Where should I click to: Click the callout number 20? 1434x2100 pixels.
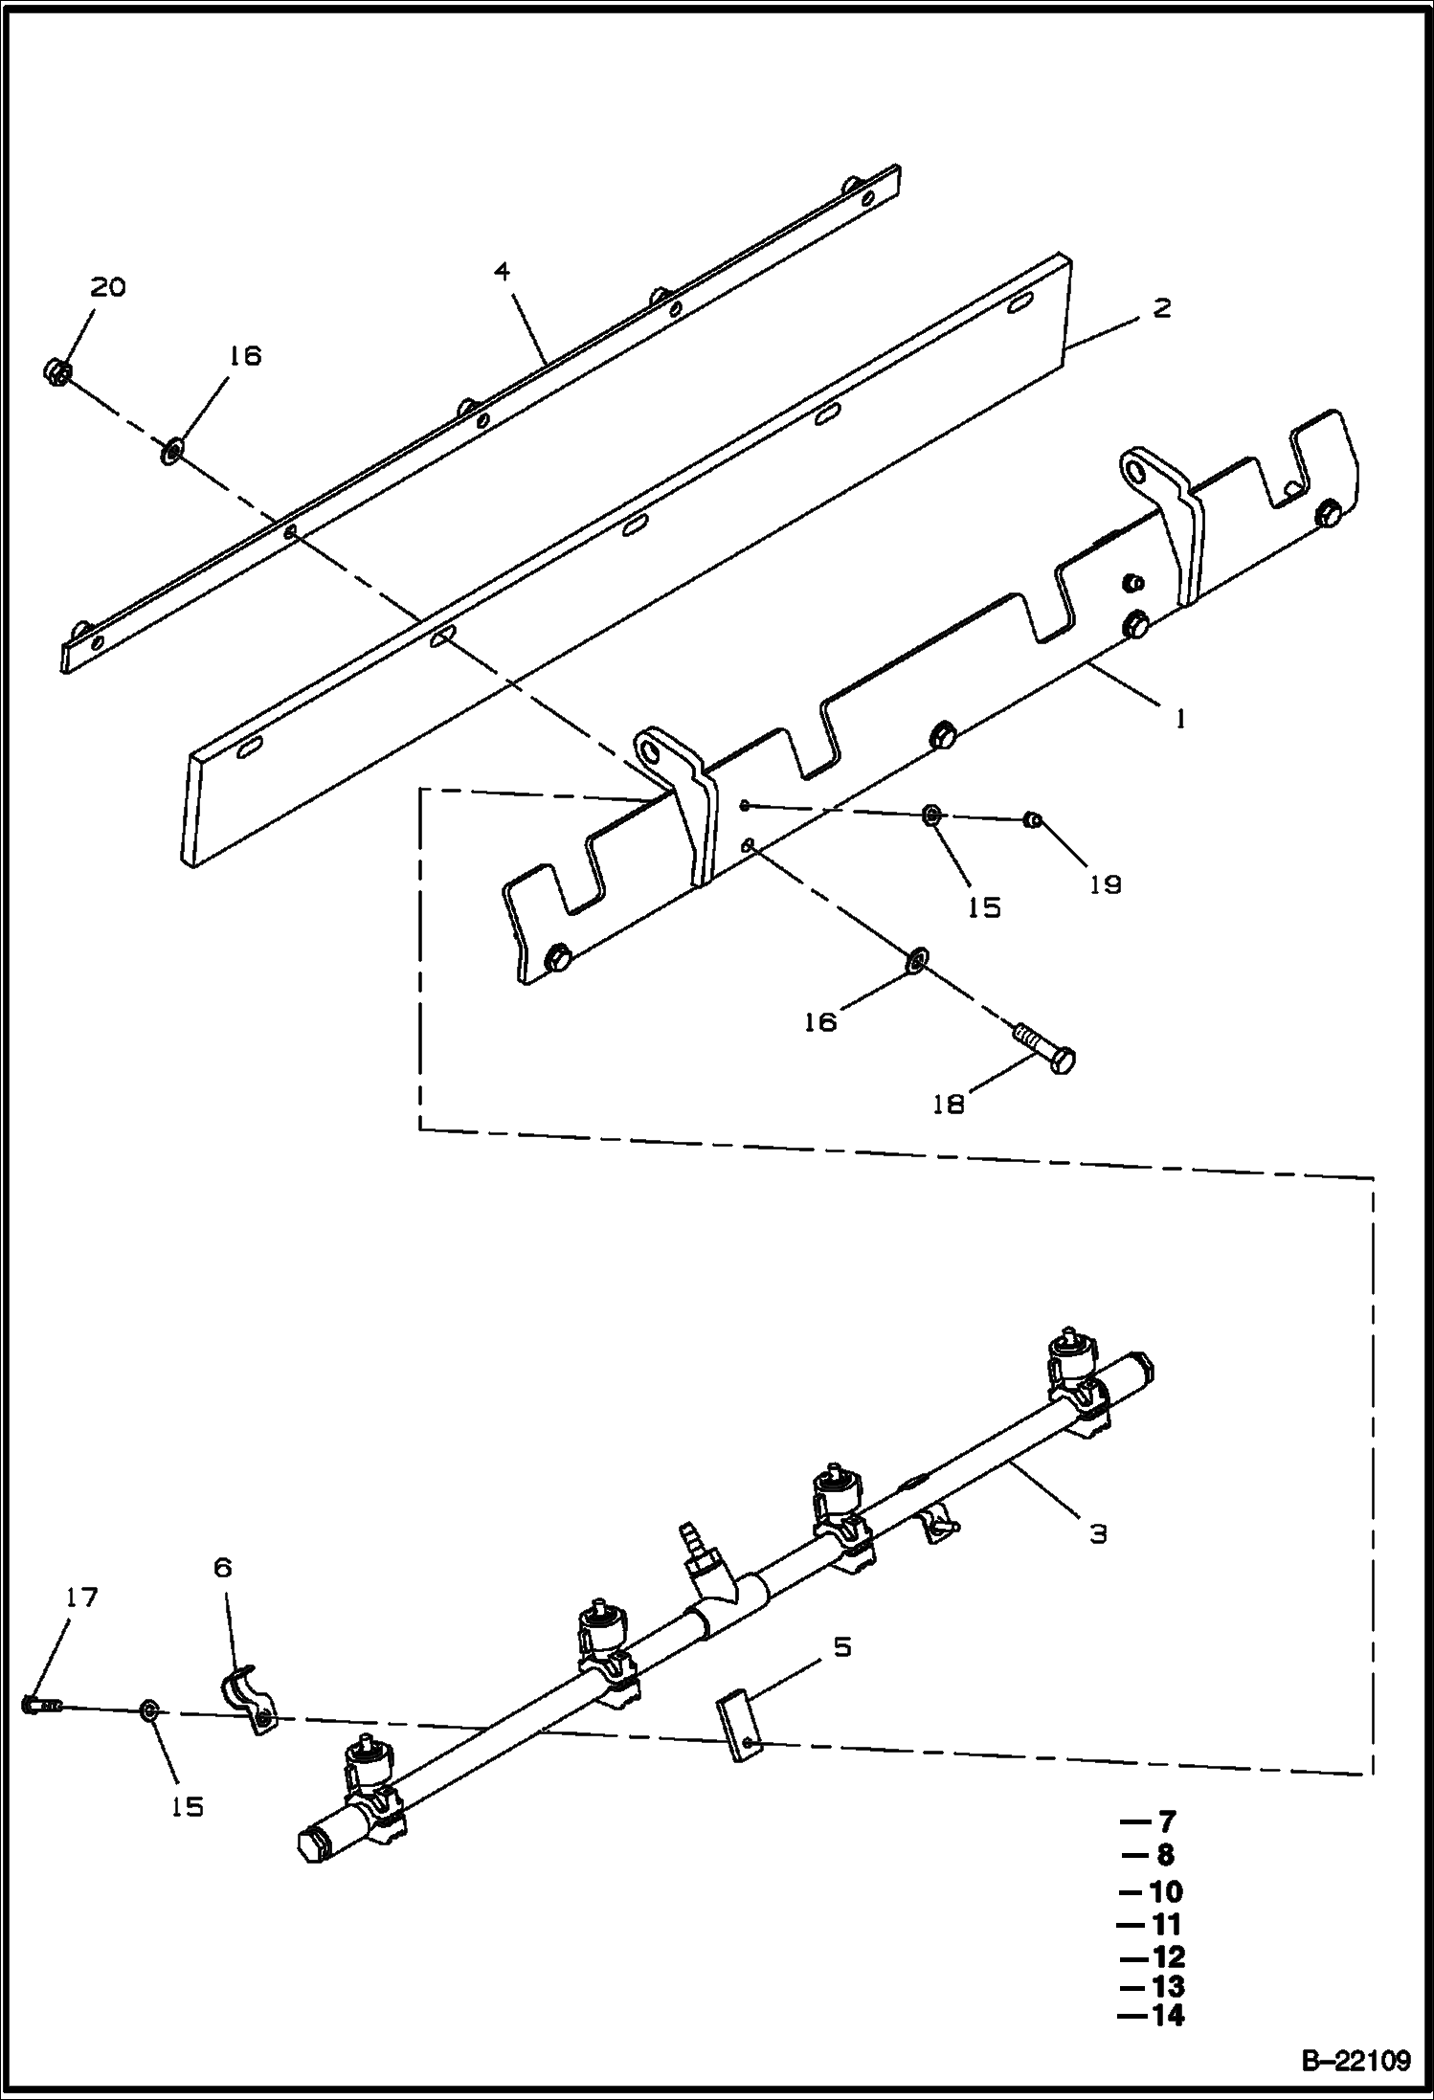point(108,287)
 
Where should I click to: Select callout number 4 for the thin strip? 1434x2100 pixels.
point(502,272)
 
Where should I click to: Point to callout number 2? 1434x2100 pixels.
point(1161,308)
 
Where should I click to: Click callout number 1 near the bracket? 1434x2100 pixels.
point(1180,718)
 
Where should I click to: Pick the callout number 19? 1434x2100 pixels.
point(1106,883)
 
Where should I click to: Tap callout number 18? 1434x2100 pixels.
point(949,1105)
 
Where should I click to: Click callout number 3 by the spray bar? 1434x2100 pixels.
point(1098,1533)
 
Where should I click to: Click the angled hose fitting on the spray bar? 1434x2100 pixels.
point(704,1577)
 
